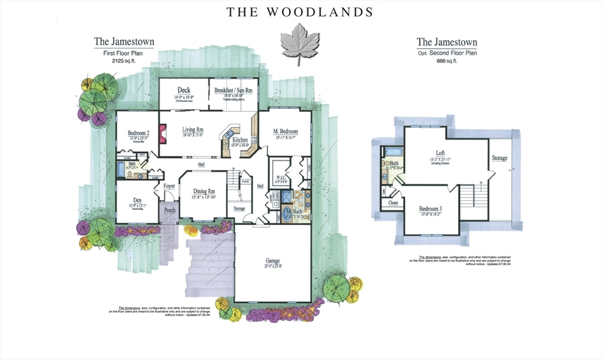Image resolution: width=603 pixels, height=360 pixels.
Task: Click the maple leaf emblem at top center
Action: point(299,44)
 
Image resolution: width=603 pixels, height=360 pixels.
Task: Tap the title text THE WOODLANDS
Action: point(299,11)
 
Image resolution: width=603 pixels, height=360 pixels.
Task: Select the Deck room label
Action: point(184,90)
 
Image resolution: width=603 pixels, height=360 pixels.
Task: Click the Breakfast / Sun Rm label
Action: point(233,90)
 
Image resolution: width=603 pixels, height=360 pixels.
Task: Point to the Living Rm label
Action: point(193,130)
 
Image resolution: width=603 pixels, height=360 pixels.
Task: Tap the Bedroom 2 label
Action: point(138,133)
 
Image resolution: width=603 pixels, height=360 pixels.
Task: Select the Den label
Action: point(137,199)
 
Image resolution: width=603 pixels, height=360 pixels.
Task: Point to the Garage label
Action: point(272,260)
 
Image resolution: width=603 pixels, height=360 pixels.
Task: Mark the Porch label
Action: point(170,210)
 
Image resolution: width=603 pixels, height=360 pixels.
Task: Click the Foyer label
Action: point(170,186)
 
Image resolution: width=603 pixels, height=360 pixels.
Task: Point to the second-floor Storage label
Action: point(501,158)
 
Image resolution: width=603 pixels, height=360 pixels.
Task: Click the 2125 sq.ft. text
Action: point(124,60)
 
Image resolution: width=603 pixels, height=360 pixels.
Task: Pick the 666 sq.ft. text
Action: point(446,60)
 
